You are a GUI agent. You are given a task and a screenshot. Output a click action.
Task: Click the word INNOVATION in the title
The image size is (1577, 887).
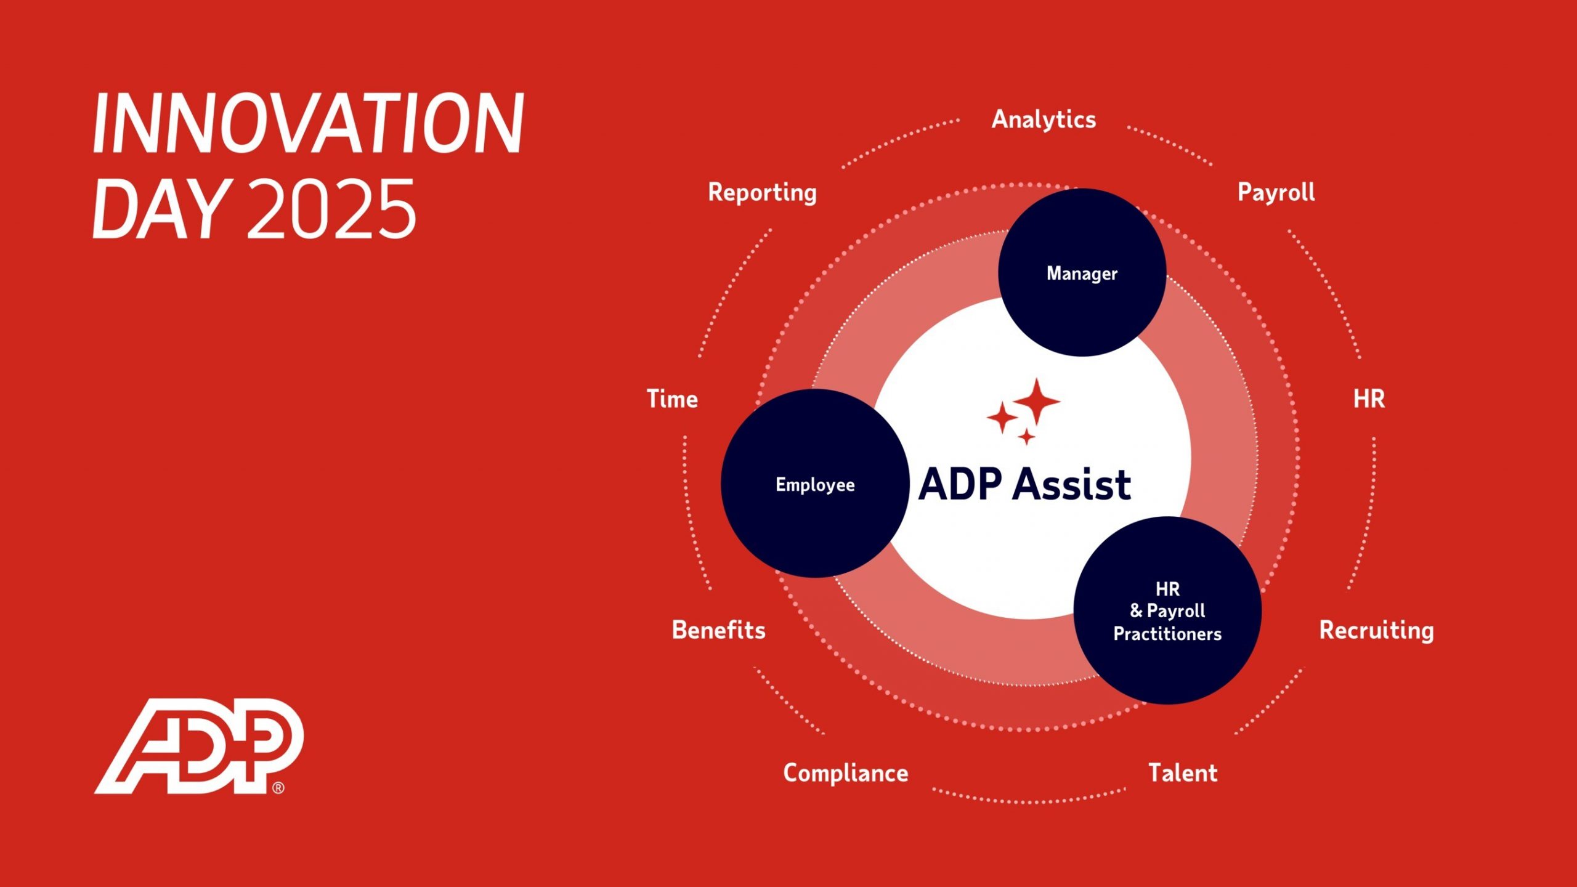click(308, 123)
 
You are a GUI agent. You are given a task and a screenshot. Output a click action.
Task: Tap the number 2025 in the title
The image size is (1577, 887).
click(331, 209)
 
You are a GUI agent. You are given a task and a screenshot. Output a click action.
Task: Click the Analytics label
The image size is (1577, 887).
click(1044, 119)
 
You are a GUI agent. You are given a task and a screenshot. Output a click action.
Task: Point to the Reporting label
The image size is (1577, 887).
click(762, 192)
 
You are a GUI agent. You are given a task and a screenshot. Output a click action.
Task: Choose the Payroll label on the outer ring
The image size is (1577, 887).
click(1276, 192)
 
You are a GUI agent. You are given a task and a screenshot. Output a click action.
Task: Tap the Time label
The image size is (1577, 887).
click(672, 399)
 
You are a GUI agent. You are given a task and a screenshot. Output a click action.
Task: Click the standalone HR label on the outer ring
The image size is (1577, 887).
click(1369, 399)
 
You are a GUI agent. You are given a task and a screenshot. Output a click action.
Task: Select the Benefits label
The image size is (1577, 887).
click(718, 630)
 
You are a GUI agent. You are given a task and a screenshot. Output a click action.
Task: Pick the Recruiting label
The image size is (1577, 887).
click(1376, 630)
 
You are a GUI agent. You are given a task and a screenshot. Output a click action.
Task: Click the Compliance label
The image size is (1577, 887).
click(845, 773)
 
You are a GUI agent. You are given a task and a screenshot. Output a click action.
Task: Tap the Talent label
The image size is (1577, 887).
click(1183, 773)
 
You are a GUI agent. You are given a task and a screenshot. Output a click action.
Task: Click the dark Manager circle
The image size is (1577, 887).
click(1082, 273)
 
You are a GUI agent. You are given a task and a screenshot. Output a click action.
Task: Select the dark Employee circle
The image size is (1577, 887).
click(814, 484)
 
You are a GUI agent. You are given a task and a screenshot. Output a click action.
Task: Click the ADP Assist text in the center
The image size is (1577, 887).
click(1024, 484)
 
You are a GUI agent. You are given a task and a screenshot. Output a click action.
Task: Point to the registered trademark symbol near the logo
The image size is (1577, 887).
click(278, 788)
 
